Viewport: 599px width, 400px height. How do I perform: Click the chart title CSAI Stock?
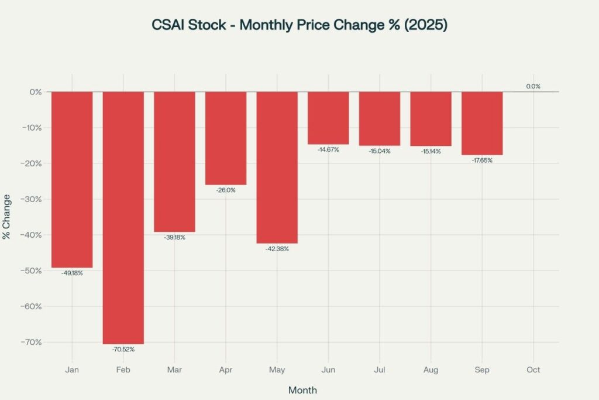[x=299, y=26]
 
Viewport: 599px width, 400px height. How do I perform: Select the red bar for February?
[x=123, y=217]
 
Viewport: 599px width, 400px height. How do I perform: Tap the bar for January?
[x=72, y=179]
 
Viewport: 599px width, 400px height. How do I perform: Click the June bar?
[x=328, y=118]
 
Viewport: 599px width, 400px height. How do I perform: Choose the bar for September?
[x=482, y=123]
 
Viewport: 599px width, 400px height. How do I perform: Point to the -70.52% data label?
[x=123, y=350]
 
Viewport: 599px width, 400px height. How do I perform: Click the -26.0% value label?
[x=226, y=190]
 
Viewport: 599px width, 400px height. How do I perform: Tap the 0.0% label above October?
[x=533, y=86]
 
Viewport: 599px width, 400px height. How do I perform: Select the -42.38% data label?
[x=277, y=249]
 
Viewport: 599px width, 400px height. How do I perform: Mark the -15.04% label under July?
[x=380, y=151]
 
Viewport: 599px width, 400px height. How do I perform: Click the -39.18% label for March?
[x=174, y=237]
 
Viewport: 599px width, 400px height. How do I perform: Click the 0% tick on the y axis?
[x=36, y=92]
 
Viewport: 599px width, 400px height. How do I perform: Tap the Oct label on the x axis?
[x=533, y=370]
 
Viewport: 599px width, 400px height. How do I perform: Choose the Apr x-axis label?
[x=226, y=370]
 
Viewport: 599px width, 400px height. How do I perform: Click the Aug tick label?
[x=431, y=370]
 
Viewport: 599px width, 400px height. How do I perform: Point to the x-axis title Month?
[x=302, y=389]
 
